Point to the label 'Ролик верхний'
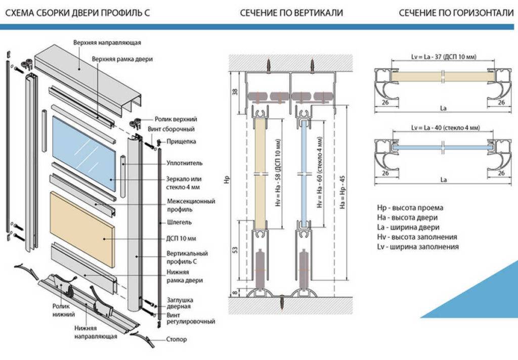tap(176, 119)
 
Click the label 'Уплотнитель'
tap(184, 163)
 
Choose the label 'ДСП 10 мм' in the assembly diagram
tap(181, 238)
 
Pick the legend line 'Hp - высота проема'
tap(410, 208)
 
